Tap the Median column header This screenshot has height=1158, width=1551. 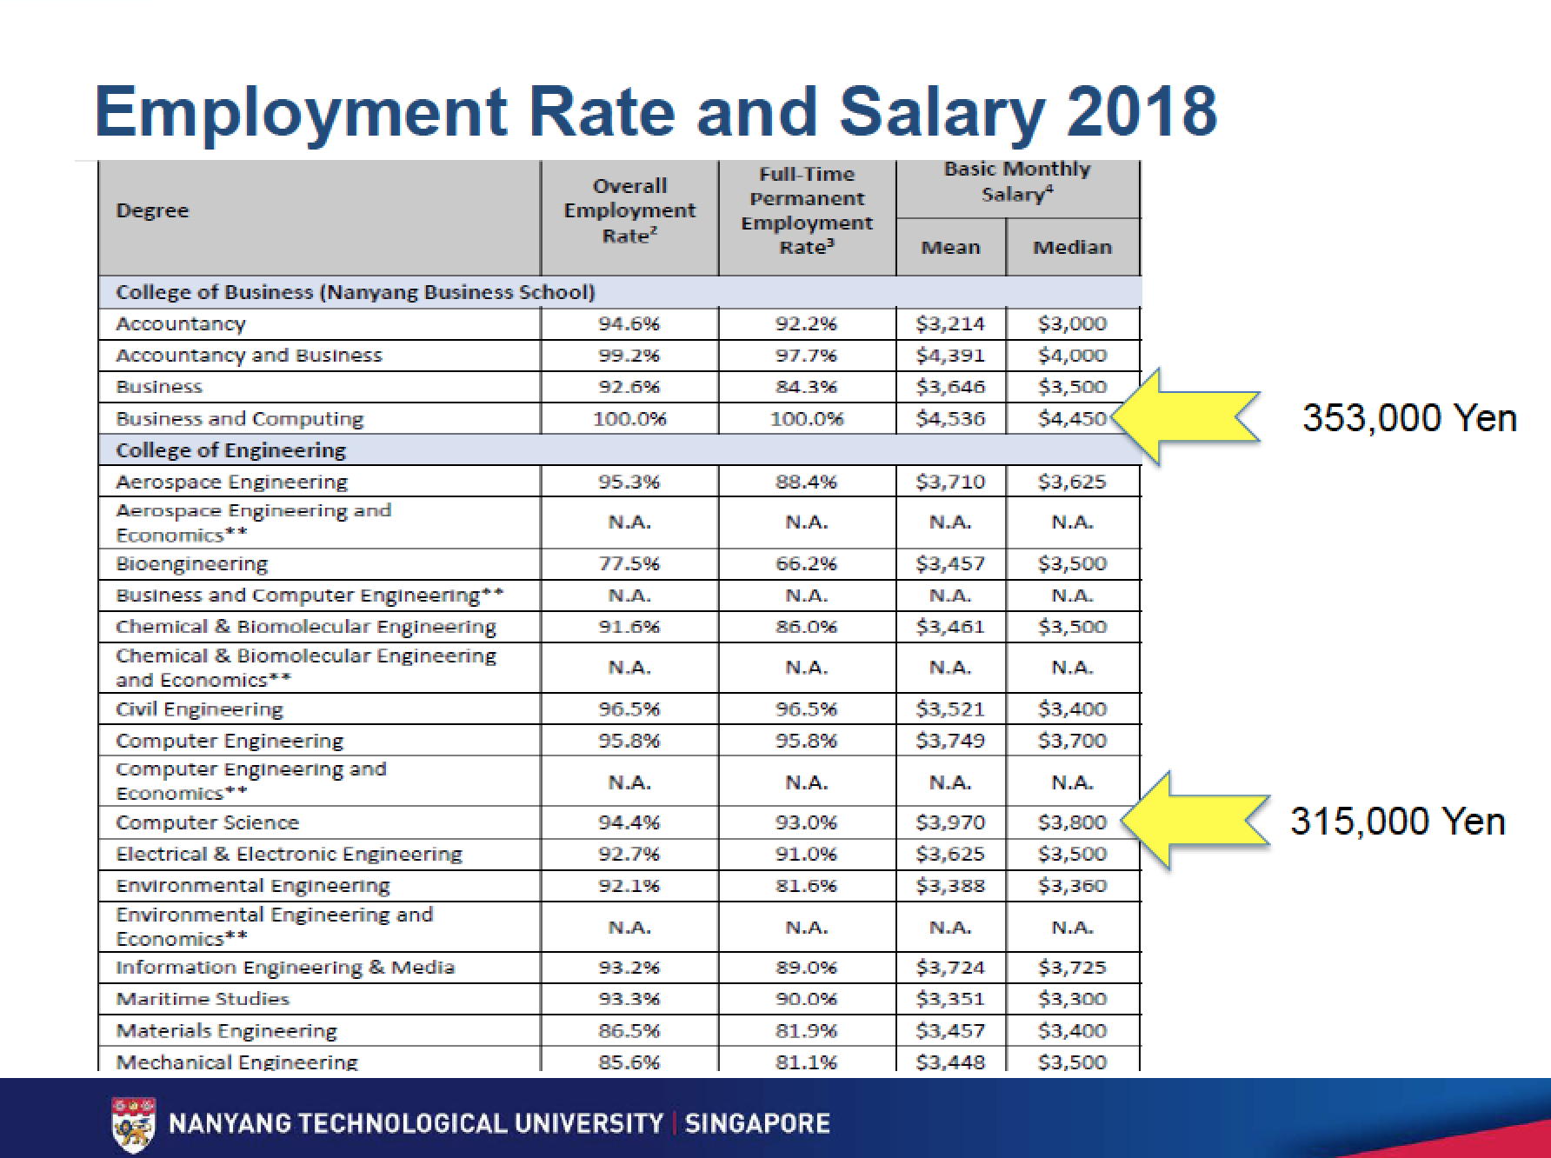1072,248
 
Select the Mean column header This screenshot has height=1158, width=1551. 950,248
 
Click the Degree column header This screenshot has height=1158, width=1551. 152,210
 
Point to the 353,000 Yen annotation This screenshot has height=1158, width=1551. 1409,418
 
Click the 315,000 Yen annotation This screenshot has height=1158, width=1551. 1397,822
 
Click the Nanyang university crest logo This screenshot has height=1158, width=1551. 135,1123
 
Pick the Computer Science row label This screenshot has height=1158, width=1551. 207,822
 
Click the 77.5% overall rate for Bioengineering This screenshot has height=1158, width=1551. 629,564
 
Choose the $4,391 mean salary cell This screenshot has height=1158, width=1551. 950,356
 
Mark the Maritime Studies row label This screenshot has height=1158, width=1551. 202,999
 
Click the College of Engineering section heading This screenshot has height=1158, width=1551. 230,450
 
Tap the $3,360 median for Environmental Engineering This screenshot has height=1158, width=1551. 1072,886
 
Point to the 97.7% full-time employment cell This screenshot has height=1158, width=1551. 806,356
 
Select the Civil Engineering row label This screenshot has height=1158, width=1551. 199,709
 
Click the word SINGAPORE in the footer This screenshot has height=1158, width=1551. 757,1123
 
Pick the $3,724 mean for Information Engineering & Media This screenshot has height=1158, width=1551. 950,968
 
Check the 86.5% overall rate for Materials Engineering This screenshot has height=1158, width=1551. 629,1031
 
